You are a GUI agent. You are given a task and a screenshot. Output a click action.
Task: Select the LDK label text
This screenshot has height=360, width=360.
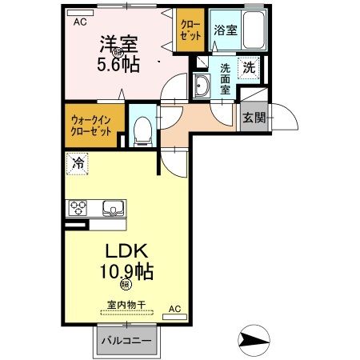(123, 250)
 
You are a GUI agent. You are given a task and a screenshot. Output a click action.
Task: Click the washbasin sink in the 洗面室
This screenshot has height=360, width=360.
(201, 86)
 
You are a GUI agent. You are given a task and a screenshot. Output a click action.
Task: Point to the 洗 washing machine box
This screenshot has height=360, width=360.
(250, 68)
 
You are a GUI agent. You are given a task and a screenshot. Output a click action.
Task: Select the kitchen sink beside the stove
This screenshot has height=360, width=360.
(113, 210)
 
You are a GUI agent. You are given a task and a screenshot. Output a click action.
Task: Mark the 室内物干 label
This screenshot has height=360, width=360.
(126, 305)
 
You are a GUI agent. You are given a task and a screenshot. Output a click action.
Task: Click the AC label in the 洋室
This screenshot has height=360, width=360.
(80, 22)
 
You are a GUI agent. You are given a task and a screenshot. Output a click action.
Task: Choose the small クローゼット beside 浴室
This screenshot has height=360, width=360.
(191, 30)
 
